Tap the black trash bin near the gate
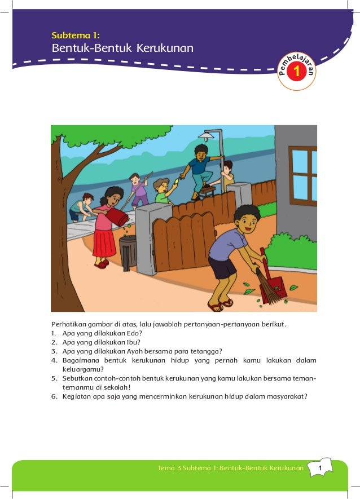(128, 251)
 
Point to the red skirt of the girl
(104, 242)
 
